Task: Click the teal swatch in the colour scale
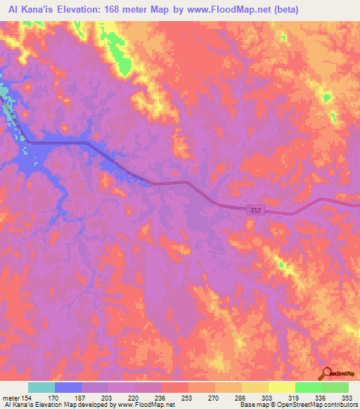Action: [41, 387]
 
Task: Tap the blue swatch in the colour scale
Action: [68, 387]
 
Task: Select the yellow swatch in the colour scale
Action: [282, 387]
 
